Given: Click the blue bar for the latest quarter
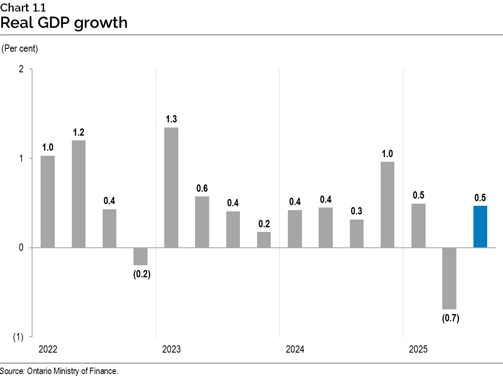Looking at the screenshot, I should (x=480, y=227).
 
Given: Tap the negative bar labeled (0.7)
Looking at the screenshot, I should (x=449, y=278).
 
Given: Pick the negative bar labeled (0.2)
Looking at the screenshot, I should (x=140, y=256).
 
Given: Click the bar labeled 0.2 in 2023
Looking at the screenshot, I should (x=264, y=240).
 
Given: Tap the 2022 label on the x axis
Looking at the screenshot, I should (x=47, y=350).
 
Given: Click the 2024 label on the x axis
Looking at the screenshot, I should (x=295, y=350).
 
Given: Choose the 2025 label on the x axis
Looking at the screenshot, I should (x=418, y=350).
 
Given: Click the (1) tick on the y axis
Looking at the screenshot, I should (x=18, y=337).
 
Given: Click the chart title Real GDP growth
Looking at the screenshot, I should (x=64, y=22).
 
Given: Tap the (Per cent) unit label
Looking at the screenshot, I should (x=20, y=49).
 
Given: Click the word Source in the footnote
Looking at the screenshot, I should (x=12, y=371).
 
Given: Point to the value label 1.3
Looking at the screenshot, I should (x=171, y=119).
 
